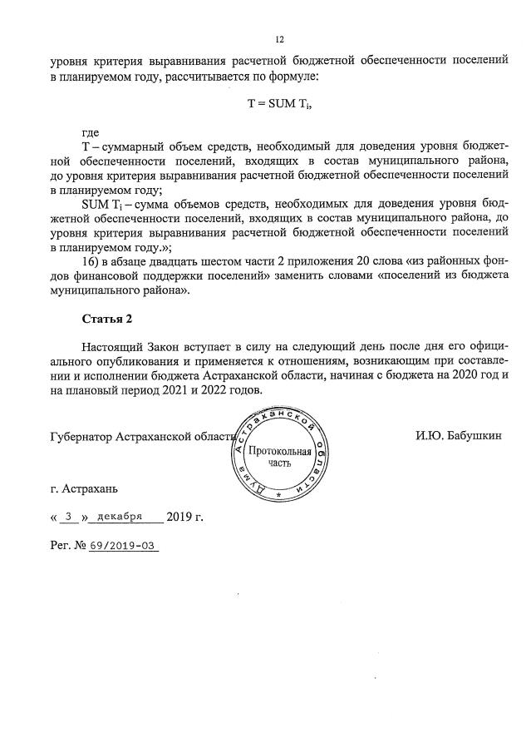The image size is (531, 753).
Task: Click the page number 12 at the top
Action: [280, 39]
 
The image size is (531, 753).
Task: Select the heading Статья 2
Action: [107, 319]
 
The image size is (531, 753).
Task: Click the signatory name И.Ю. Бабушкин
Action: [459, 435]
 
